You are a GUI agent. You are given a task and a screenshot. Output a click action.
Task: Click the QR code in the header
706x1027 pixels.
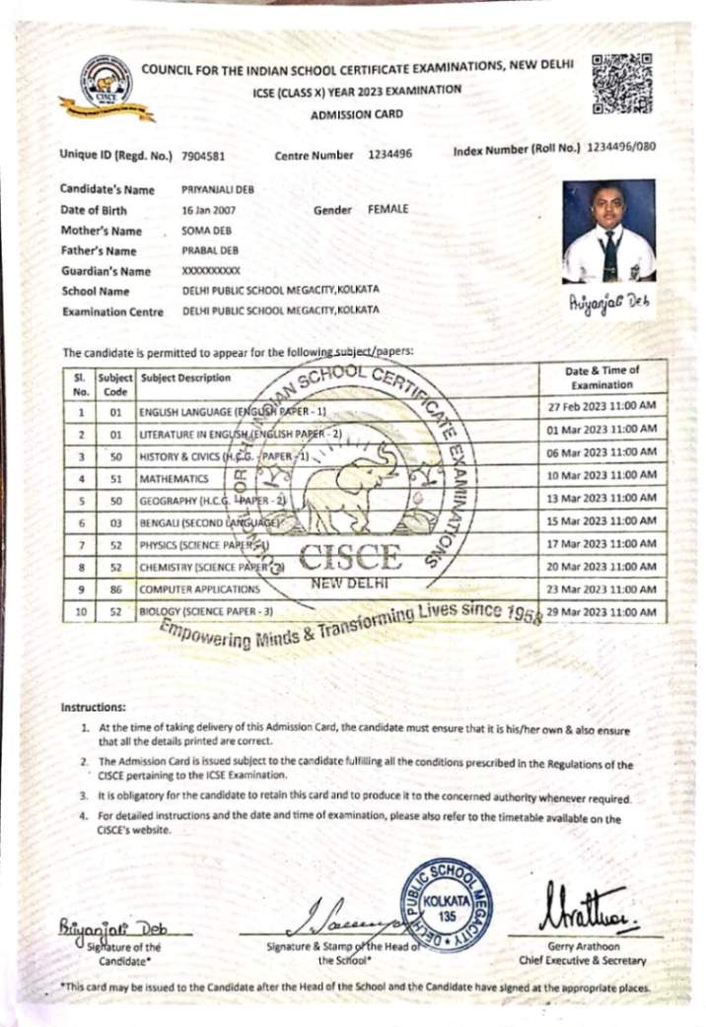coord(621,85)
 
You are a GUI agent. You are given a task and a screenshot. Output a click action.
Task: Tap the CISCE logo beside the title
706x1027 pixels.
coord(106,89)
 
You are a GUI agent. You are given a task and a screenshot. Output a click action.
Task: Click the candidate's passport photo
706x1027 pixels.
coord(608,231)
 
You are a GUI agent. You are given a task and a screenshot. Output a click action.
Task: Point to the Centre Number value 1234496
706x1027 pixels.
coord(389,155)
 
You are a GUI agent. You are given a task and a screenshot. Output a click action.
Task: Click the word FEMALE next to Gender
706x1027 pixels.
coord(388,210)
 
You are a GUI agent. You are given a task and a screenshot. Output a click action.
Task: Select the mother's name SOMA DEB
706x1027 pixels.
coord(203,231)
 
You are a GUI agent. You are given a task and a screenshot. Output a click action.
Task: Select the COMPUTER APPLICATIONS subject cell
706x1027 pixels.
coord(200,589)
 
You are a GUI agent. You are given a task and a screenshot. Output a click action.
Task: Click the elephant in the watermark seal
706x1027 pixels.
coord(352,489)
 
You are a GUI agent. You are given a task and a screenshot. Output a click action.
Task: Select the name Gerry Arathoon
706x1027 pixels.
coord(582,945)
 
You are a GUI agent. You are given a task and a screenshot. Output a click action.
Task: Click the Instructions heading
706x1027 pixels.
coord(94,708)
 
